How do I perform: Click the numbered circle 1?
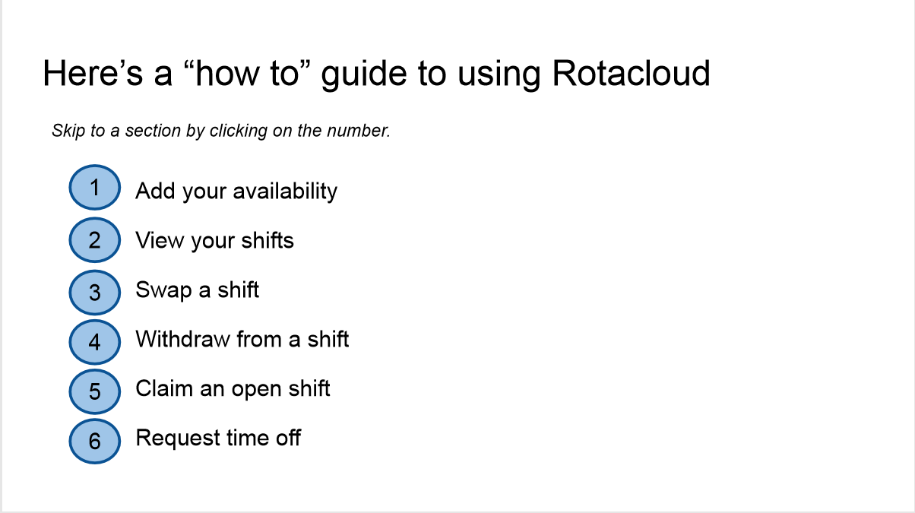click(x=95, y=188)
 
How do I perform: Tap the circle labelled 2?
click(x=95, y=239)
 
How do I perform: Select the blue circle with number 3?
click(x=95, y=293)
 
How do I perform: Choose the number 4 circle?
click(x=95, y=342)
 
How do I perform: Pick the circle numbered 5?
click(x=95, y=391)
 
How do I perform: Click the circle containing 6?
click(x=95, y=441)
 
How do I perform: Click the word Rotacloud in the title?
click(x=631, y=74)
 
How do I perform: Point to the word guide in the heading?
click(x=363, y=75)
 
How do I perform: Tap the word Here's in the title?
click(x=93, y=74)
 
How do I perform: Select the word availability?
click(x=285, y=192)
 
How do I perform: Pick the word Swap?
click(x=163, y=290)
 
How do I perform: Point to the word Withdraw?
click(x=182, y=339)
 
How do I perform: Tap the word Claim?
click(x=164, y=388)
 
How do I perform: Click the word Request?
click(x=178, y=439)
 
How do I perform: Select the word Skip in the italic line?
click(x=68, y=131)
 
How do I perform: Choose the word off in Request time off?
click(x=288, y=438)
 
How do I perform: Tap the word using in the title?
click(x=499, y=75)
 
